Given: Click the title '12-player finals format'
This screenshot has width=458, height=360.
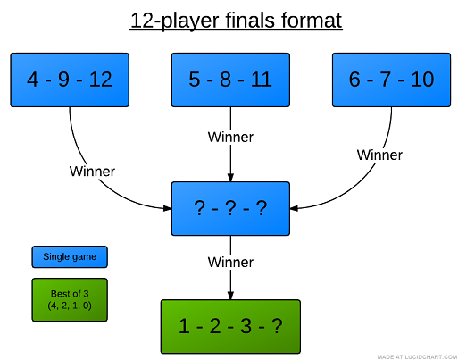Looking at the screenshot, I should (x=236, y=20).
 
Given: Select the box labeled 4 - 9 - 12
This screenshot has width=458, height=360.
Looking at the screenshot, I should (x=70, y=80).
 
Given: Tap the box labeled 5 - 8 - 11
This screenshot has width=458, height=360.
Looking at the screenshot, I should (x=230, y=80).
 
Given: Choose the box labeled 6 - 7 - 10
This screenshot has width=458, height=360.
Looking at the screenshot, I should (x=391, y=80).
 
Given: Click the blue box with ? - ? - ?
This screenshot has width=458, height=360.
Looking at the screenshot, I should (x=230, y=208).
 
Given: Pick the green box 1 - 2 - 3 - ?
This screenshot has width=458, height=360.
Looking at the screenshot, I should (x=230, y=326).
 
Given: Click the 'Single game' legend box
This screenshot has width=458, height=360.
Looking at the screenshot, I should (x=70, y=257).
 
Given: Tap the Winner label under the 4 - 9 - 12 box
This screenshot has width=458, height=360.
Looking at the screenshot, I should (x=92, y=171).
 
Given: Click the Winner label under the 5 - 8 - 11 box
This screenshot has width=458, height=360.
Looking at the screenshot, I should (x=230, y=138).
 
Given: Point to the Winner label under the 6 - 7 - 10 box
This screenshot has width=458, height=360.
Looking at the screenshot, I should (x=379, y=155).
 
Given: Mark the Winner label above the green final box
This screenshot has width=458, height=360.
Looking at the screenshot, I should (x=230, y=263).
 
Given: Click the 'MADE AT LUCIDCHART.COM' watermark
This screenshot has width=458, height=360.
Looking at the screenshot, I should (x=415, y=356).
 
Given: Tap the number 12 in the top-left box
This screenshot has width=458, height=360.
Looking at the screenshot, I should (x=100, y=80).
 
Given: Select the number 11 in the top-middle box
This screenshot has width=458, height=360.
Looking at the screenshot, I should (x=261, y=80).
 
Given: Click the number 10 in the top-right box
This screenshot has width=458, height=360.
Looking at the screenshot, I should (x=421, y=80).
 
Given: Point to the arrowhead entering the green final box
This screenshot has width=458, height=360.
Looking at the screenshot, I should (x=230, y=296).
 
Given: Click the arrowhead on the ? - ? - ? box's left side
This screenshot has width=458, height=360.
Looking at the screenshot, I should (x=166, y=209).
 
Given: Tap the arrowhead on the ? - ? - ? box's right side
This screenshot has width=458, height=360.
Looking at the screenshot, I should (x=295, y=209).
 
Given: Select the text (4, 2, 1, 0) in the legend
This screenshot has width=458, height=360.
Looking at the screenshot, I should (x=70, y=306).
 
